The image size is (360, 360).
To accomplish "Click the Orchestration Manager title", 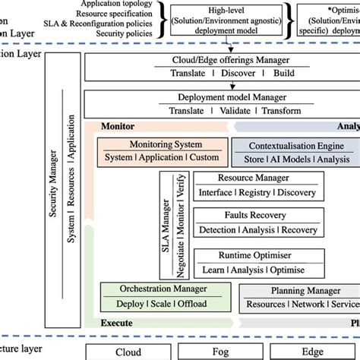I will [160, 289].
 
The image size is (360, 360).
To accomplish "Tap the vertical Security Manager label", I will [55, 196].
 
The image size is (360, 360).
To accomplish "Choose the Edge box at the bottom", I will [313, 352].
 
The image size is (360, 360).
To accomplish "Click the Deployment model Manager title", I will [220, 98].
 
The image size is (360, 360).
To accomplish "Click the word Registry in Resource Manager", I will [253, 193].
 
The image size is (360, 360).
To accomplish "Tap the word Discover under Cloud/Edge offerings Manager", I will [238, 74].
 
